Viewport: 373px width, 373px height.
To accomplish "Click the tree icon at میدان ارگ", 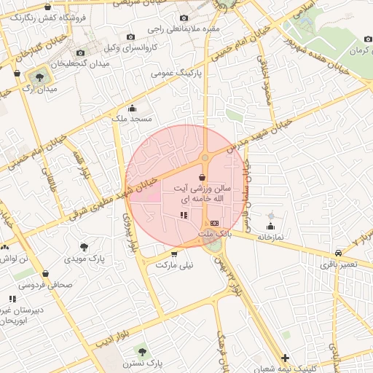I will tap(38, 75).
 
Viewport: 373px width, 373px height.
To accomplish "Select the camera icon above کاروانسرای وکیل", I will tap(130, 36).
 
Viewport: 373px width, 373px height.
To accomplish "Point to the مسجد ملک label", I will tap(132, 118).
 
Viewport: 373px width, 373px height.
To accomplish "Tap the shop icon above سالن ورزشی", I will tap(201, 177).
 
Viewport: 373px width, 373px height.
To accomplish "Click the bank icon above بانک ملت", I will tap(214, 223).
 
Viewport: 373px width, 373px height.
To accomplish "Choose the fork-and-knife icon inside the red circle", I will tap(183, 215).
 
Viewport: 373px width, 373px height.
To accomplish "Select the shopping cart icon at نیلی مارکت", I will tap(174, 254).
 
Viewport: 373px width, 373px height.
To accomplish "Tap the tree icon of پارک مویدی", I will tap(85, 246).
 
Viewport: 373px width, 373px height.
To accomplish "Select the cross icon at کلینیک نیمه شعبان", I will tap(285, 358).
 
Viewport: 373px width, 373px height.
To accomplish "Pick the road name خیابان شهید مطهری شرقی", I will tap(86, 206).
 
